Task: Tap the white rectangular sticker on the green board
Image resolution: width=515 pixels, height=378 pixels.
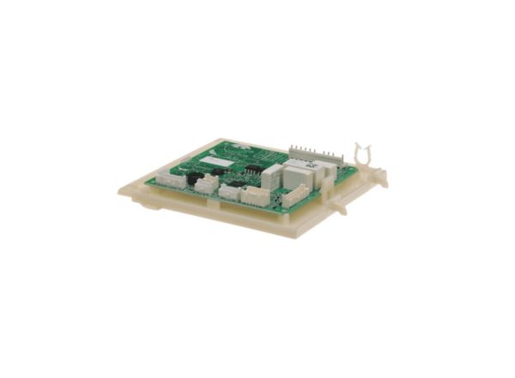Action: point(221,161)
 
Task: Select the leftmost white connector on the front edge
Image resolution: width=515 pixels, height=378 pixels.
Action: point(167,182)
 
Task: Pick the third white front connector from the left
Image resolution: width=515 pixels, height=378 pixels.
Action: point(229,191)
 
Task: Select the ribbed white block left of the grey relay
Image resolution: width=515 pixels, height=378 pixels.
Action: point(273,175)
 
